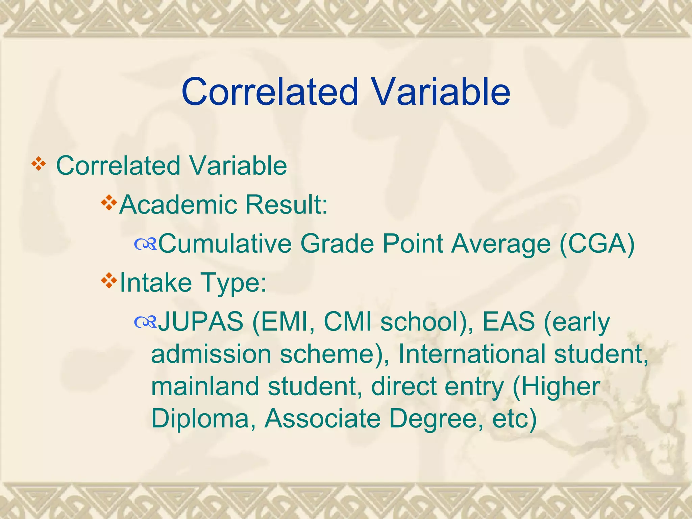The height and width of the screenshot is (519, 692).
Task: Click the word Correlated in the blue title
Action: [270, 92]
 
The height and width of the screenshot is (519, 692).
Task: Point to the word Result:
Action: [286, 205]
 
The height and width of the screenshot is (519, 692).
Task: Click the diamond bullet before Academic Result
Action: [109, 203]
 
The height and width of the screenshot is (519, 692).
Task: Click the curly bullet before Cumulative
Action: [145, 244]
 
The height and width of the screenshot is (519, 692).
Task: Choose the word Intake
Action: [156, 282]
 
